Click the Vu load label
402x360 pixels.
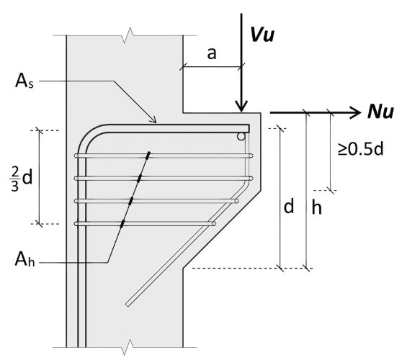click(x=263, y=33)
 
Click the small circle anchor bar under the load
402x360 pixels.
click(x=242, y=136)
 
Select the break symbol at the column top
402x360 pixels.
click(x=128, y=33)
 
